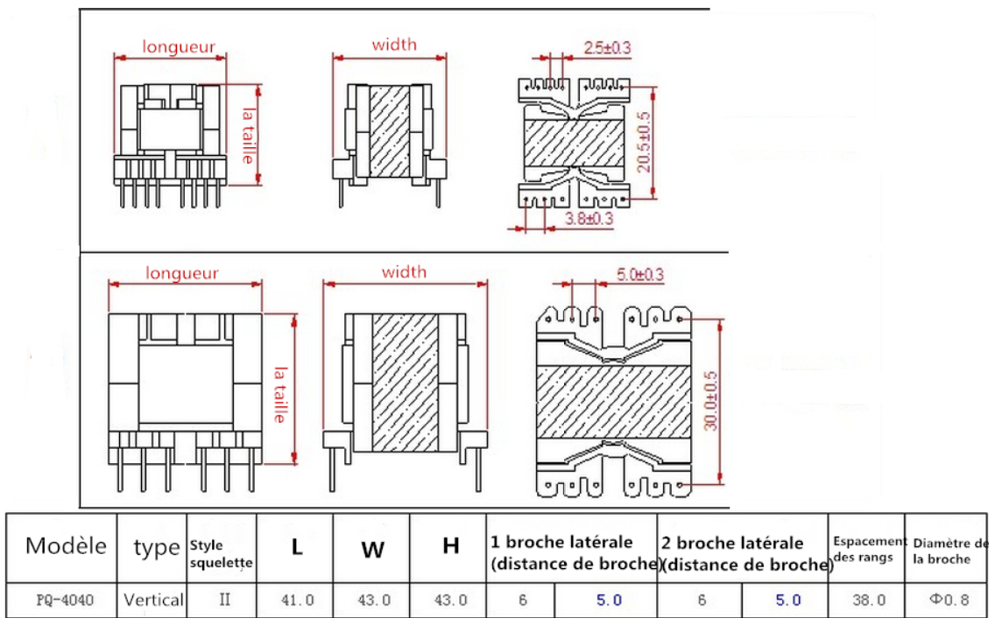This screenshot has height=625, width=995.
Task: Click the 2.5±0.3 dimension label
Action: click(x=607, y=49)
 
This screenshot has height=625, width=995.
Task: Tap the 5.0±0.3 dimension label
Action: click(x=639, y=275)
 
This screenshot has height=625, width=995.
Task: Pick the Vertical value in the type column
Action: click(x=153, y=600)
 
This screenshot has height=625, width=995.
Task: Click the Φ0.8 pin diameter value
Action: click(x=949, y=600)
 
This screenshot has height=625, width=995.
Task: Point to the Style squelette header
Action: click(x=221, y=555)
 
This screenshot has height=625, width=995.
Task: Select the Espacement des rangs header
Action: click(x=869, y=549)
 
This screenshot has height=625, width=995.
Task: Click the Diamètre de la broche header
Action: click(x=949, y=551)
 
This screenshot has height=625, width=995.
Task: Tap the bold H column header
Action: click(x=450, y=547)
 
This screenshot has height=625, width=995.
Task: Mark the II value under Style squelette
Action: click(x=222, y=600)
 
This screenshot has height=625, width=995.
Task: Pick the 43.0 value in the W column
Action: click(x=373, y=600)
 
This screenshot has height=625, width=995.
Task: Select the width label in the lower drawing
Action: click(x=404, y=272)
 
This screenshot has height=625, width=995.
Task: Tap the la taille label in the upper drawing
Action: click(x=249, y=136)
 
